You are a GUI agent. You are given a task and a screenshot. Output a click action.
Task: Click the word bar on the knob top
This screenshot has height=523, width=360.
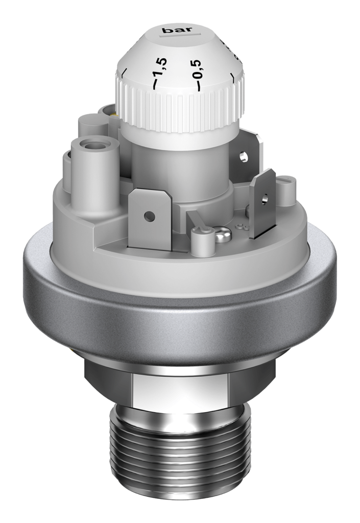tap(177, 30)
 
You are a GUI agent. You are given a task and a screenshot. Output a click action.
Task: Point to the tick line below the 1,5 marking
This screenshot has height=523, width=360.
tap(155, 84)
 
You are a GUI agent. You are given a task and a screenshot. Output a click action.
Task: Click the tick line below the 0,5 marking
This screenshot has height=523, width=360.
tap(198, 86)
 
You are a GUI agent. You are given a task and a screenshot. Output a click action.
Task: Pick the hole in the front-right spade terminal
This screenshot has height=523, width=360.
tap(265, 198)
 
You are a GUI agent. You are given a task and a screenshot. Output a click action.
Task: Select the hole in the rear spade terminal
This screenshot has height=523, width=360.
tap(244, 156)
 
